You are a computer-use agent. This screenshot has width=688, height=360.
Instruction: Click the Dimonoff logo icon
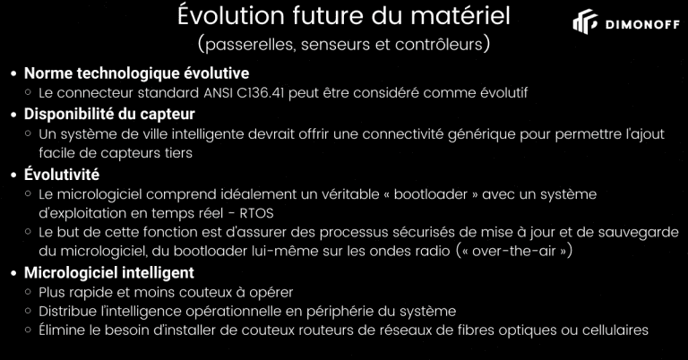(x=585, y=21)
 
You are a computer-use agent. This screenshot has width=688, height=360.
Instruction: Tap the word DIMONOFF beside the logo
(x=643, y=24)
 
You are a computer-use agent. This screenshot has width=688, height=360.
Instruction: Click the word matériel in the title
(x=460, y=16)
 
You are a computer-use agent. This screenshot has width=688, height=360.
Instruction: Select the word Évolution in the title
(x=232, y=15)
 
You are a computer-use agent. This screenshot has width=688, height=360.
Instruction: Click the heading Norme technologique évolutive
(x=136, y=73)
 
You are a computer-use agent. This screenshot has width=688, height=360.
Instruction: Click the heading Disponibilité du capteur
(x=109, y=114)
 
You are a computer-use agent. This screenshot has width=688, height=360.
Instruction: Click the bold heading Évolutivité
(x=62, y=174)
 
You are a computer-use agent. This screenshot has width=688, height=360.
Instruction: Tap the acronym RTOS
(x=257, y=213)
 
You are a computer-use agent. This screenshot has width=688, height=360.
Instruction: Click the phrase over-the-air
(x=514, y=252)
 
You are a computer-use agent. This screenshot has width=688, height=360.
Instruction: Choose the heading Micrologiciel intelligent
(x=108, y=273)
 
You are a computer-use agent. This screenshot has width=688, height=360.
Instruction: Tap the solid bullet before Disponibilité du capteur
(x=14, y=115)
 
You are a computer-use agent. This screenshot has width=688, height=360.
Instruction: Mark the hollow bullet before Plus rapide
(x=29, y=291)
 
